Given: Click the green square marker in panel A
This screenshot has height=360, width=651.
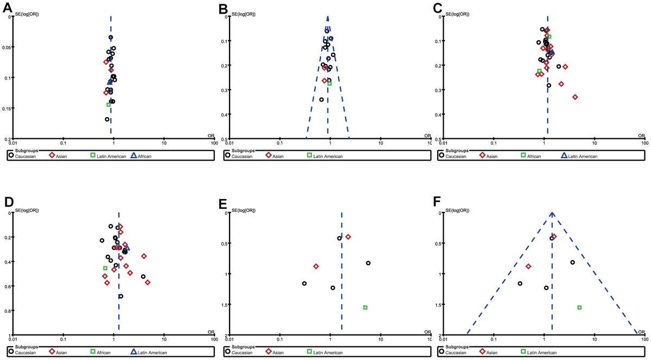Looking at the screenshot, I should (x=109, y=105).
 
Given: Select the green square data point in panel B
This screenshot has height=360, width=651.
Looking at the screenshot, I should (x=329, y=83).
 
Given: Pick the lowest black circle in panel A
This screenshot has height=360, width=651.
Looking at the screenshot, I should (x=107, y=119).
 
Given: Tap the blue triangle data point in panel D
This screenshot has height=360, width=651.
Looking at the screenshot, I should (x=127, y=247).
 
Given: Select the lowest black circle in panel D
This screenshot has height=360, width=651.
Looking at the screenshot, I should (x=121, y=296).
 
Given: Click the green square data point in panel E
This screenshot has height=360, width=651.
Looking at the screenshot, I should (x=365, y=307).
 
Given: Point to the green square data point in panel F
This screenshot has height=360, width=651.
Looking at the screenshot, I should (x=579, y=307).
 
